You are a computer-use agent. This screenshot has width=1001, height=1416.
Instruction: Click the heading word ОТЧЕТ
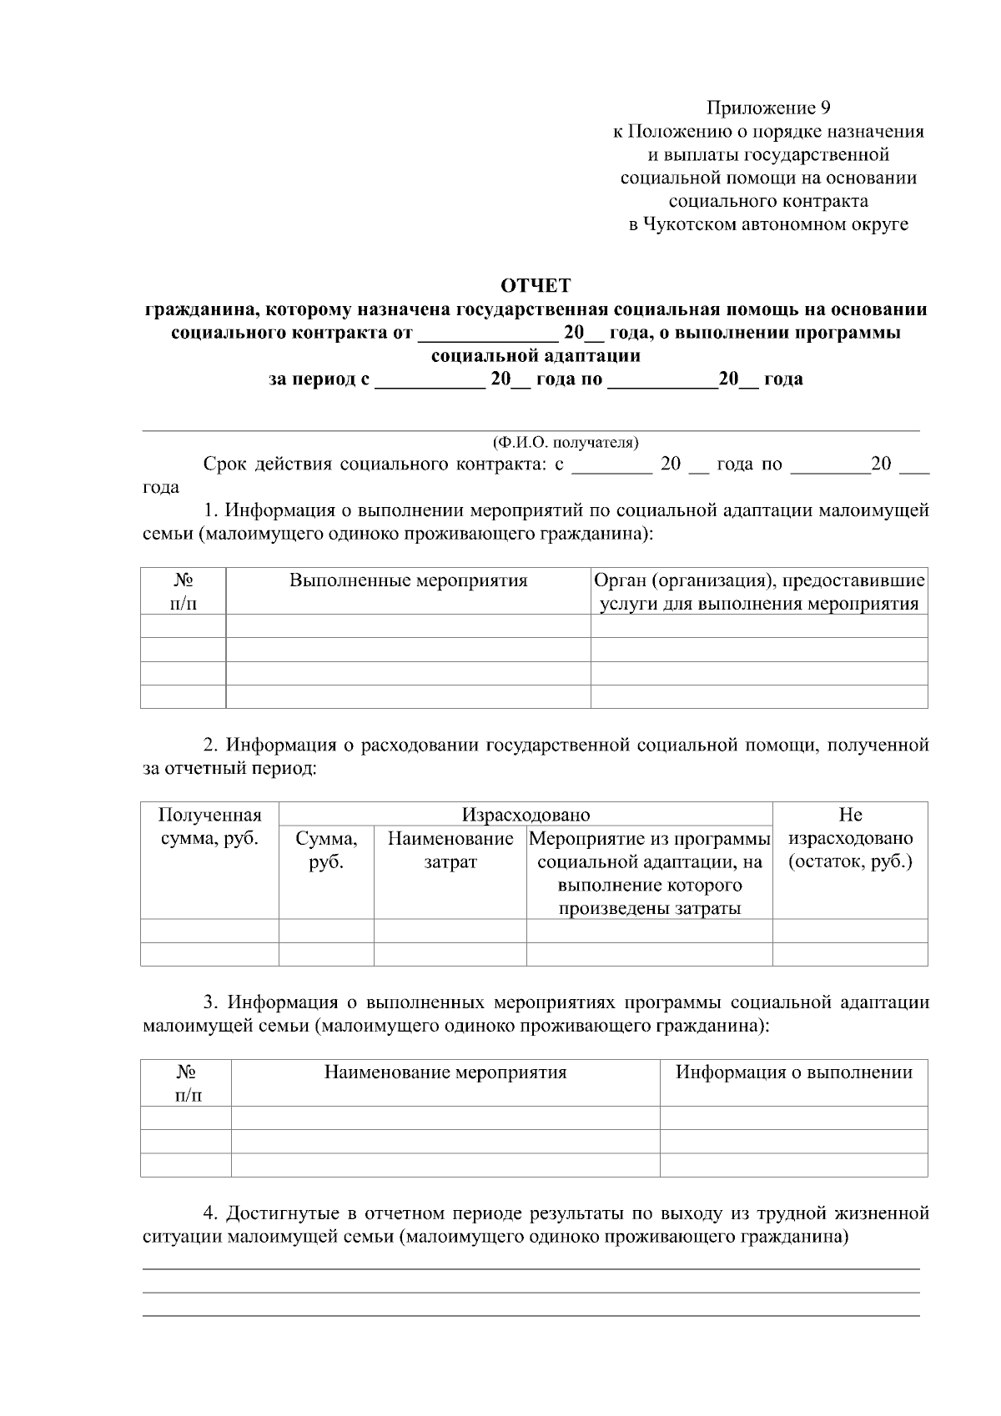[x=535, y=286]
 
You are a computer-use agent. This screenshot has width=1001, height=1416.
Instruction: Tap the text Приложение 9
[x=768, y=108]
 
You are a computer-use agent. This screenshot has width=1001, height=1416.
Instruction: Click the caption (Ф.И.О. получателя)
[x=565, y=442]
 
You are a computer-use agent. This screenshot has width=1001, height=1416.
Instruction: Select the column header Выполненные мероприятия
[x=408, y=580]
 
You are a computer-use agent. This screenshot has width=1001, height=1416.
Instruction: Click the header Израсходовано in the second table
[x=526, y=815]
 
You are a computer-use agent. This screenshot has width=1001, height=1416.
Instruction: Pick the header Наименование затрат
[x=450, y=850]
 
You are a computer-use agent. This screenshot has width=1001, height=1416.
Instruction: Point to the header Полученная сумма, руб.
[x=209, y=826]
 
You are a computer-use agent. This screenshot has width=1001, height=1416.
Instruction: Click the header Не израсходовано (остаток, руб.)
[x=850, y=838]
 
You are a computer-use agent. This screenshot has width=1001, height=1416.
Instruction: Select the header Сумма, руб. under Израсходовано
[x=326, y=850]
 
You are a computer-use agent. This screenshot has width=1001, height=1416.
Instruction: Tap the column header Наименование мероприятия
[x=445, y=1072]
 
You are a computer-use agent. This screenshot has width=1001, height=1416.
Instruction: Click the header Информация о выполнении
[x=793, y=1072]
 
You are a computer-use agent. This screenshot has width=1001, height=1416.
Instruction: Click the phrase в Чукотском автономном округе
[x=768, y=224]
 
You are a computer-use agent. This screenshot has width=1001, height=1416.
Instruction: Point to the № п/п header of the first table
[x=184, y=591]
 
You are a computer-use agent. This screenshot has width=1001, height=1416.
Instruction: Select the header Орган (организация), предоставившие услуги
[x=759, y=591]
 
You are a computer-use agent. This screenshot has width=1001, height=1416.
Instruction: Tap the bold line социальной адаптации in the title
[x=536, y=356]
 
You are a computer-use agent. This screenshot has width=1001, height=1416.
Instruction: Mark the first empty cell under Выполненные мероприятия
[x=408, y=626]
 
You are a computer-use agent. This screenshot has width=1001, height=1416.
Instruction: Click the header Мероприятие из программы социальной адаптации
[x=650, y=873]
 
